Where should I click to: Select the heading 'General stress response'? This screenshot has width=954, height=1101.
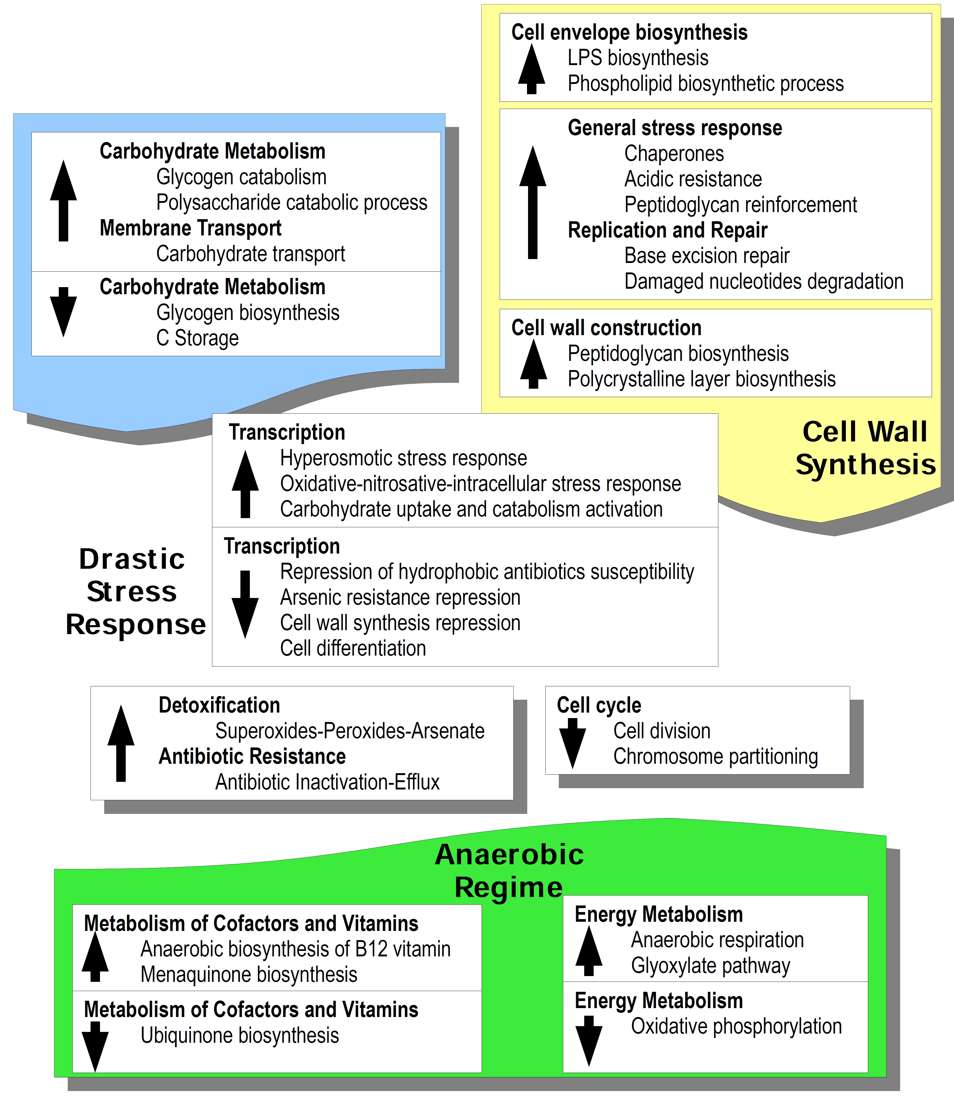pos(675,128)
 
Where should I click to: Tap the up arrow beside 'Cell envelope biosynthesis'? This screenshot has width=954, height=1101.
pos(531,69)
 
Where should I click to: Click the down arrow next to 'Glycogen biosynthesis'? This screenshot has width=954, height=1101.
pos(63,312)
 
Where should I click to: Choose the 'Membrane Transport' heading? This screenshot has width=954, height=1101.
pos(191,228)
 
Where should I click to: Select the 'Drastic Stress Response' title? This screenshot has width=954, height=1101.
pos(135,592)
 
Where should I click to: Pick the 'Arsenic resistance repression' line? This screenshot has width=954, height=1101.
pos(400,597)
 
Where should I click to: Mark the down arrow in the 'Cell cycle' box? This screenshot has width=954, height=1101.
pos(572,743)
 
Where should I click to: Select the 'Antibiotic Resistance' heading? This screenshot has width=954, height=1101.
pos(252,757)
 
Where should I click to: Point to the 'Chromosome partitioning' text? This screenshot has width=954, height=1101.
pos(715,757)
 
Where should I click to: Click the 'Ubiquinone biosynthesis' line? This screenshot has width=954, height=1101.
pos(240,1035)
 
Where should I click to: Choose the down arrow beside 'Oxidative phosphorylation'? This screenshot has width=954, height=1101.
pos(589,1041)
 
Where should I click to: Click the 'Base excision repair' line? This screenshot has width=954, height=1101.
pos(707,256)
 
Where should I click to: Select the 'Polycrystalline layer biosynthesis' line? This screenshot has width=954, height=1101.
pos(702,379)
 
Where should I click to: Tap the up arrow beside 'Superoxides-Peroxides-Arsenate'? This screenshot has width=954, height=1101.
pos(121,743)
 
